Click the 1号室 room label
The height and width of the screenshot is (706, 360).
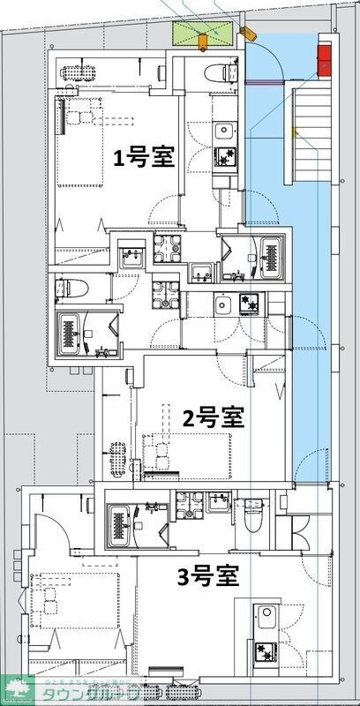(142, 157)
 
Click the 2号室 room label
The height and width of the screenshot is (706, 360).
(213, 416)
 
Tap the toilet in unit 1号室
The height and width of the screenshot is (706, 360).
(217, 73)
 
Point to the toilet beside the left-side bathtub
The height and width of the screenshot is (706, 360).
(71, 287)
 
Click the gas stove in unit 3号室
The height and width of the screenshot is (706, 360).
(264, 651)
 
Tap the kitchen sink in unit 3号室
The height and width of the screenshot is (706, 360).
(263, 614)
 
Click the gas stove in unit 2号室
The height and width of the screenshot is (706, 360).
(250, 305)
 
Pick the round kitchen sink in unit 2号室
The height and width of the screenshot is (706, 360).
(221, 305)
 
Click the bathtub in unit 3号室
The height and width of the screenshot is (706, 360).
(118, 527)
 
